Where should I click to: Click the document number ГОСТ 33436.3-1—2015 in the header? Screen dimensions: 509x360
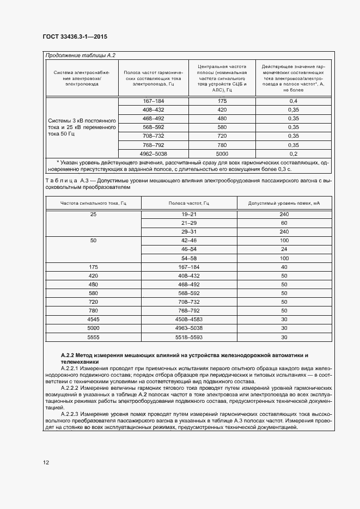[75, 38]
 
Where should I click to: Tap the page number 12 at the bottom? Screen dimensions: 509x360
[46, 462]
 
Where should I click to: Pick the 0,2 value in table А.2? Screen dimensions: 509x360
[293, 154]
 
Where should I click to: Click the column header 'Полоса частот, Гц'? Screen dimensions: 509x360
[189, 203]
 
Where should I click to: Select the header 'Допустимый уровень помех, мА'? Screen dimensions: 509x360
[284, 203]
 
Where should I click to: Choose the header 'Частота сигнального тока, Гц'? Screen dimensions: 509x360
[93, 203]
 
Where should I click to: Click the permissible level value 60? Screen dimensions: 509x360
[284, 223]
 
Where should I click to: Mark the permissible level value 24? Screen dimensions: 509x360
[284, 249]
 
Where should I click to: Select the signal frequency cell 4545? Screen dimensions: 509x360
[93, 320]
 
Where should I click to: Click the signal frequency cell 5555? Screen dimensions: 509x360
[93, 337]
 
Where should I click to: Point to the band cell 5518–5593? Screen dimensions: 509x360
[189, 337]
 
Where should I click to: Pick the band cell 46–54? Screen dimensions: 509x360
[189, 249]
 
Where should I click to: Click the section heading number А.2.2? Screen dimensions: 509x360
[69, 354]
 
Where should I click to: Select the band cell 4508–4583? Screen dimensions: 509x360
[189, 320]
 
